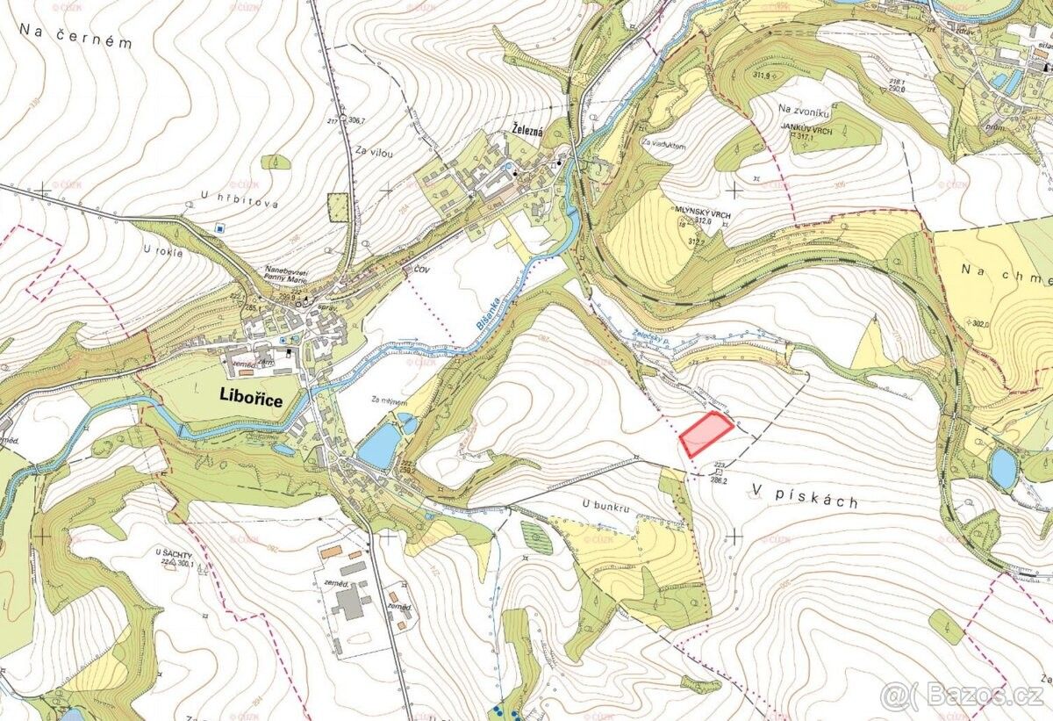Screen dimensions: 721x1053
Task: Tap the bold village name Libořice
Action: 251,400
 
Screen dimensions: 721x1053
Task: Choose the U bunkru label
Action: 605,504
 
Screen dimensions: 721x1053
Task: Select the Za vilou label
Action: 375,152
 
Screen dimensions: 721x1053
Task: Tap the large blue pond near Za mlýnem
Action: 378,447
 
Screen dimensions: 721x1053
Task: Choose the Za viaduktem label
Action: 663,141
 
